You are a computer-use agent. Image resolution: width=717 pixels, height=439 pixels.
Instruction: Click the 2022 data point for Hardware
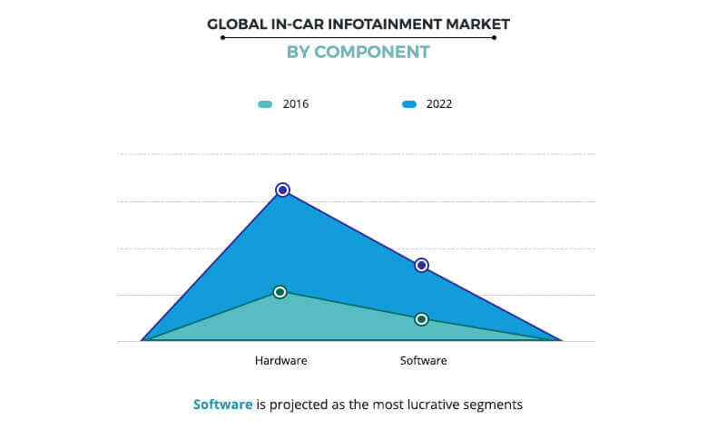pos(282,190)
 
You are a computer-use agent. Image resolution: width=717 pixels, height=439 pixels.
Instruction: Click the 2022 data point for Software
pos(421,265)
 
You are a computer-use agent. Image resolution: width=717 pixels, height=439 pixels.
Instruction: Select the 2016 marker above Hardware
pos(280,292)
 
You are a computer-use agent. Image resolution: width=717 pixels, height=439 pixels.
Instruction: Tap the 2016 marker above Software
pos(421,319)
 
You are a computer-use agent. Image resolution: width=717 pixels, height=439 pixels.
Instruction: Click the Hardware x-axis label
pos(280,360)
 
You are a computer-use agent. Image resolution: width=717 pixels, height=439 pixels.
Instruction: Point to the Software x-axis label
pos(423,360)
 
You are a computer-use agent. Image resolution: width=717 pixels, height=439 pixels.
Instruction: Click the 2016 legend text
pos(296,104)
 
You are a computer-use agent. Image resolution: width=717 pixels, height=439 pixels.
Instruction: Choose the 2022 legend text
pos(439,104)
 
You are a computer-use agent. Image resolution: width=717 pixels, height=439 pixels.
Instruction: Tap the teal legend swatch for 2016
pos(265,104)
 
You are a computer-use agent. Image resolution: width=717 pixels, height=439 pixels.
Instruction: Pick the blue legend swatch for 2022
pos(409,104)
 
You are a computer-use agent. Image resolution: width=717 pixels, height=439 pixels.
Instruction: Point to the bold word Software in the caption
pos(222,405)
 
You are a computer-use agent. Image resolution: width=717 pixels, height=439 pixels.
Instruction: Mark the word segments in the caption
pos(495,405)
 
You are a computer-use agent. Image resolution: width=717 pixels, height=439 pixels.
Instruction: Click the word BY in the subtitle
pos(299,52)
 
